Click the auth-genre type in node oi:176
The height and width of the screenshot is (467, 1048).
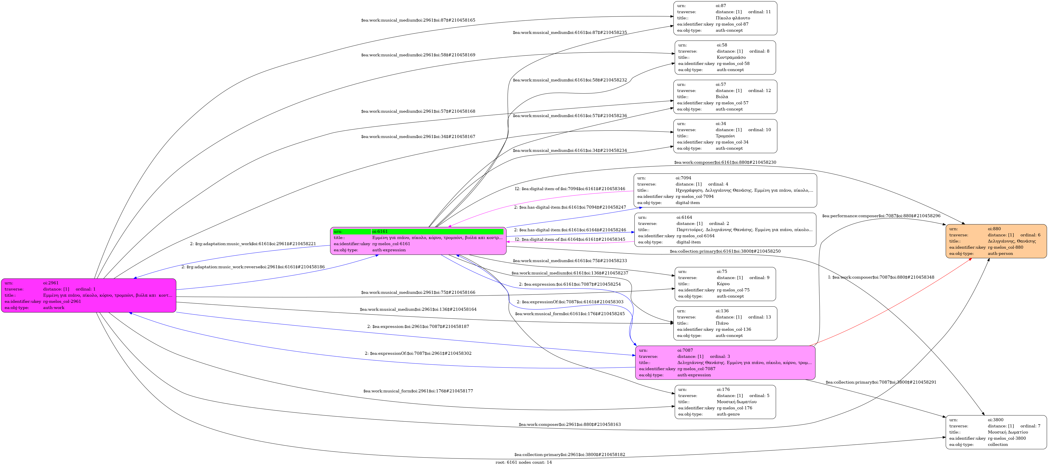(728, 414)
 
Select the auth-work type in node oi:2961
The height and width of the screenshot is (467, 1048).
(54, 307)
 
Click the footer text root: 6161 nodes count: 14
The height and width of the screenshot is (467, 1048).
(524, 462)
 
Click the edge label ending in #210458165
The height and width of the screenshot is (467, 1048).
(418, 20)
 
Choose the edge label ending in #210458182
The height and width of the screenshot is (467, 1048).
(570, 454)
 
